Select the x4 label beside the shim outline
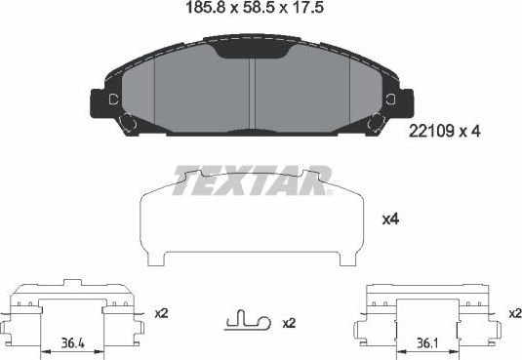(389, 220)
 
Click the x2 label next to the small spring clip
(289, 323)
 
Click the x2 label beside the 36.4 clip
(162, 313)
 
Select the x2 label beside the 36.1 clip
(514, 313)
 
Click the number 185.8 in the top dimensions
(200, 13)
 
